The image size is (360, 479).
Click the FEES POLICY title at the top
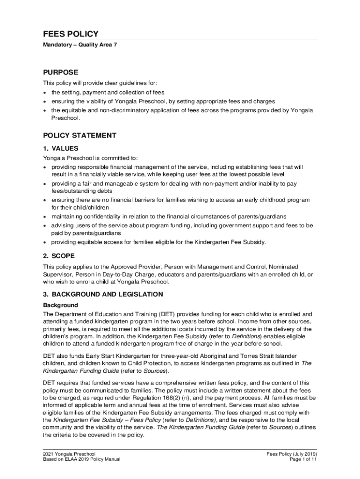[71, 34]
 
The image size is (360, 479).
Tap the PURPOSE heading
[60, 73]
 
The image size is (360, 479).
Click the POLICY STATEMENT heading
[79, 136]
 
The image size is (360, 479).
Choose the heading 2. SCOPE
[58, 256]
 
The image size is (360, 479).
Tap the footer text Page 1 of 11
[303, 459]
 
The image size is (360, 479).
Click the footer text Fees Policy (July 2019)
[292, 454]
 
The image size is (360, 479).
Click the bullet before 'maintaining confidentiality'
[45, 217]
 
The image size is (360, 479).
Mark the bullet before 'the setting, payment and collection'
[45, 93]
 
